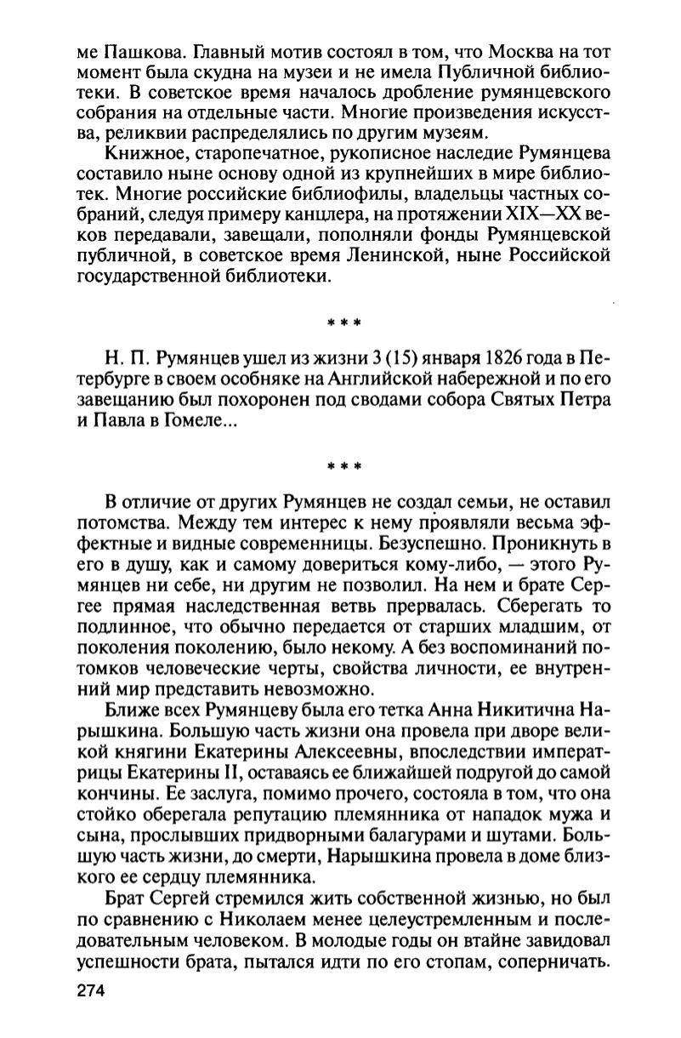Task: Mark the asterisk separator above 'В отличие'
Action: [x=344, y=466]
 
